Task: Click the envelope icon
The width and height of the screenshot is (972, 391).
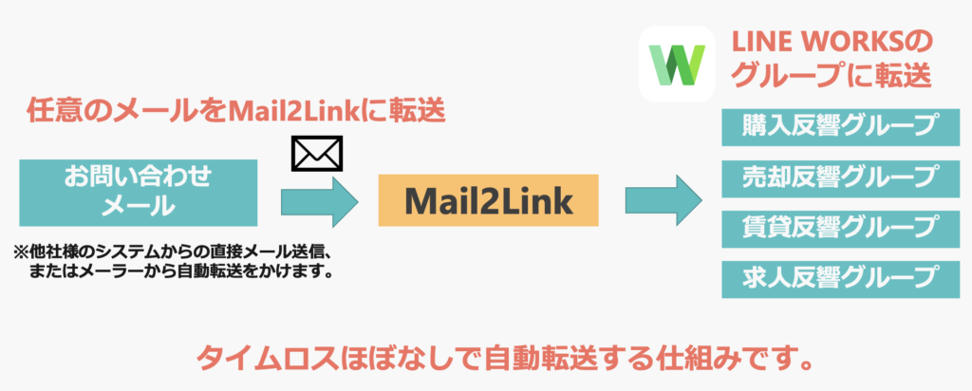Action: pos(316,153)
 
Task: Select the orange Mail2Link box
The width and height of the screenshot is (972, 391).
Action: pos(488,200)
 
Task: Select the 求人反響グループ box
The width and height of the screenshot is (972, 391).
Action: pos(830,278)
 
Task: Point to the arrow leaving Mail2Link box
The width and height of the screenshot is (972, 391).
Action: pos(663,200)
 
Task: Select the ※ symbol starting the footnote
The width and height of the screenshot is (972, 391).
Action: pos(20,253)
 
